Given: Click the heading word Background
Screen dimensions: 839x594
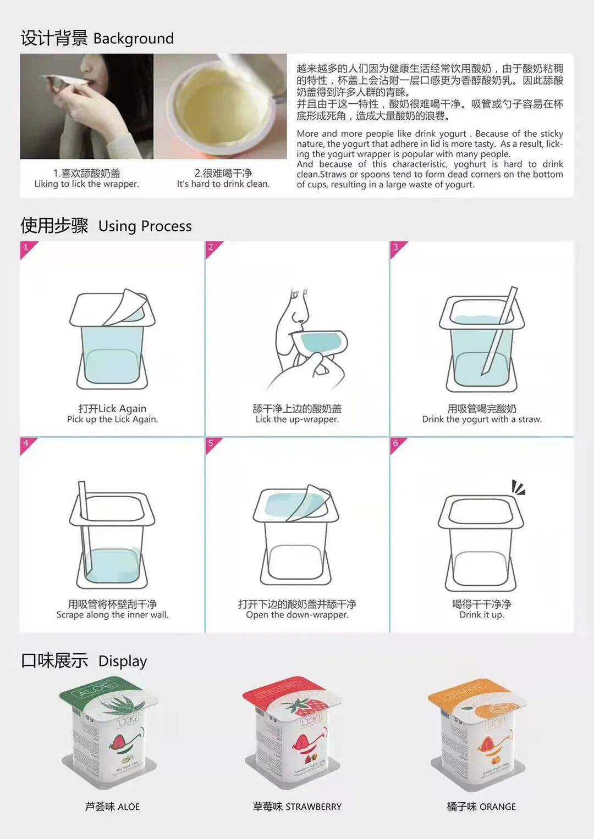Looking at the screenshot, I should tap(134, 38).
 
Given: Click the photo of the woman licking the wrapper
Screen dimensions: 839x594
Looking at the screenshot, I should tap(86, 106).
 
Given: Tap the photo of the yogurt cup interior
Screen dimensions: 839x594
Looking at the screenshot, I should tap(221, 106).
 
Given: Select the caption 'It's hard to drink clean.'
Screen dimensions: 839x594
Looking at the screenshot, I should tap(223, 184).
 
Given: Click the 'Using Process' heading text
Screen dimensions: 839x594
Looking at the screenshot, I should tap(145, 226).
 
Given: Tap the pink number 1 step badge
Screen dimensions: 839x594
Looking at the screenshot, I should tap(26, 247).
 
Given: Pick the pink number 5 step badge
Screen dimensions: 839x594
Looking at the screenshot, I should tap(211, 443).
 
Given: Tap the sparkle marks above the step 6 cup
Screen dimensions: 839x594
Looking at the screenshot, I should tap(518, 487).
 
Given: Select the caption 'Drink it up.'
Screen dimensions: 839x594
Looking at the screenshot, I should tap(482, 615).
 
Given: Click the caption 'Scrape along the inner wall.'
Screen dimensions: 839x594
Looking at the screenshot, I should tap(112, 615).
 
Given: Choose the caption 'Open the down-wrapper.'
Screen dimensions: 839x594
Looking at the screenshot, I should tap(297, 615).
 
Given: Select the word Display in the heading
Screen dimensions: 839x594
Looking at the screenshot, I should tap(123, 661).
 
